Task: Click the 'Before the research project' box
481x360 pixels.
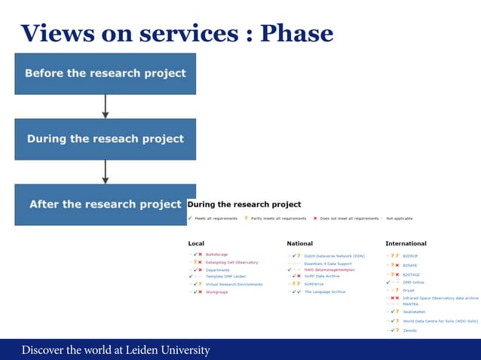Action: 105,74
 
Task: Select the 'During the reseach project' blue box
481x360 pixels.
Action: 105,139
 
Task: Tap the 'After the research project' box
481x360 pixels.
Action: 105,204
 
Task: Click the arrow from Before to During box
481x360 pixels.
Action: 105,106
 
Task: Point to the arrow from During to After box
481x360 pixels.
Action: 105,172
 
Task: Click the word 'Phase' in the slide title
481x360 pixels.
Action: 296,33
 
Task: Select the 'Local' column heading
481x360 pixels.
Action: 196,243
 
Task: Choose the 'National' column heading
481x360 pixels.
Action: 299,243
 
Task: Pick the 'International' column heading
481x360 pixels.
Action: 406,243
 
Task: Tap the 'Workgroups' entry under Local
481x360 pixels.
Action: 217,291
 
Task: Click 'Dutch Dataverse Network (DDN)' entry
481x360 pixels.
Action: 334,256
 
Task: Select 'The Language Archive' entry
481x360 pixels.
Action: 325,291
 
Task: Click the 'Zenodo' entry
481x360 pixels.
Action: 411,330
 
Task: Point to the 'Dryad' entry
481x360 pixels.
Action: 410,289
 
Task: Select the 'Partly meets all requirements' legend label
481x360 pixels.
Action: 278,218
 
